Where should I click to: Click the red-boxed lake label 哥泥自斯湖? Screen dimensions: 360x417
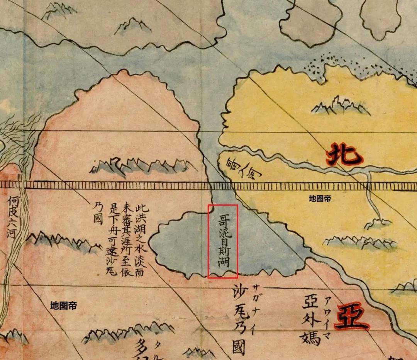(x=223, y=241)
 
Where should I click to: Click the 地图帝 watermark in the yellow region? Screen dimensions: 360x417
(x=320, y=199)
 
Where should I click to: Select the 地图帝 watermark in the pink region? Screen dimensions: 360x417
(x=63, y=306)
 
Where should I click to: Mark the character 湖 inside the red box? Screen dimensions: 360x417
(x=223, y=263)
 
